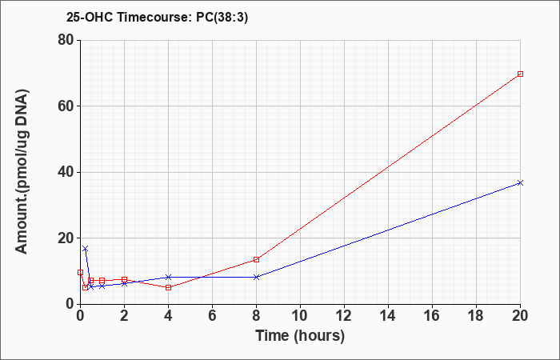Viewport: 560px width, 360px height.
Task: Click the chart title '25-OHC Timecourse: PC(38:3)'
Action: point(157,17)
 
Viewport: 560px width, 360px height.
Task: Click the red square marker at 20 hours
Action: point(520,74)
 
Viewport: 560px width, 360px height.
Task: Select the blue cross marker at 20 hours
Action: point(520,183)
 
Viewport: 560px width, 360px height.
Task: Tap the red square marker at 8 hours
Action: point(257,260)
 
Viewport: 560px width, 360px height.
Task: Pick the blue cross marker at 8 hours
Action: point(257,277)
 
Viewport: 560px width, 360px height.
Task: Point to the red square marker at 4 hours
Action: point(169,287)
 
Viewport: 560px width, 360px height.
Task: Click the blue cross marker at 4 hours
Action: point(169,277)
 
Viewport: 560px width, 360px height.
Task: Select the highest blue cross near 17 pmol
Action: point(85,248)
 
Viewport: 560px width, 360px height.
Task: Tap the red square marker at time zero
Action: point(80,272)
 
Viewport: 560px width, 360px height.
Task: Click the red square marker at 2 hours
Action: point(124,279)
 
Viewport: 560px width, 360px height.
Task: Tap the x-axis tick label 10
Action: point(300,316)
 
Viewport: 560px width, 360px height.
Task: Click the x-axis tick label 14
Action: point(388,316)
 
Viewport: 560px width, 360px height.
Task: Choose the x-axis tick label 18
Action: point(477,316)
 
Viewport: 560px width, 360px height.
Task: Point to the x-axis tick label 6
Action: point(213,316)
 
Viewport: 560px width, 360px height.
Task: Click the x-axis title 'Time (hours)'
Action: point(300,336)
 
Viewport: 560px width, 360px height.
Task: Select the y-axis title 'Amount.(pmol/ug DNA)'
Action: point(22,172)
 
